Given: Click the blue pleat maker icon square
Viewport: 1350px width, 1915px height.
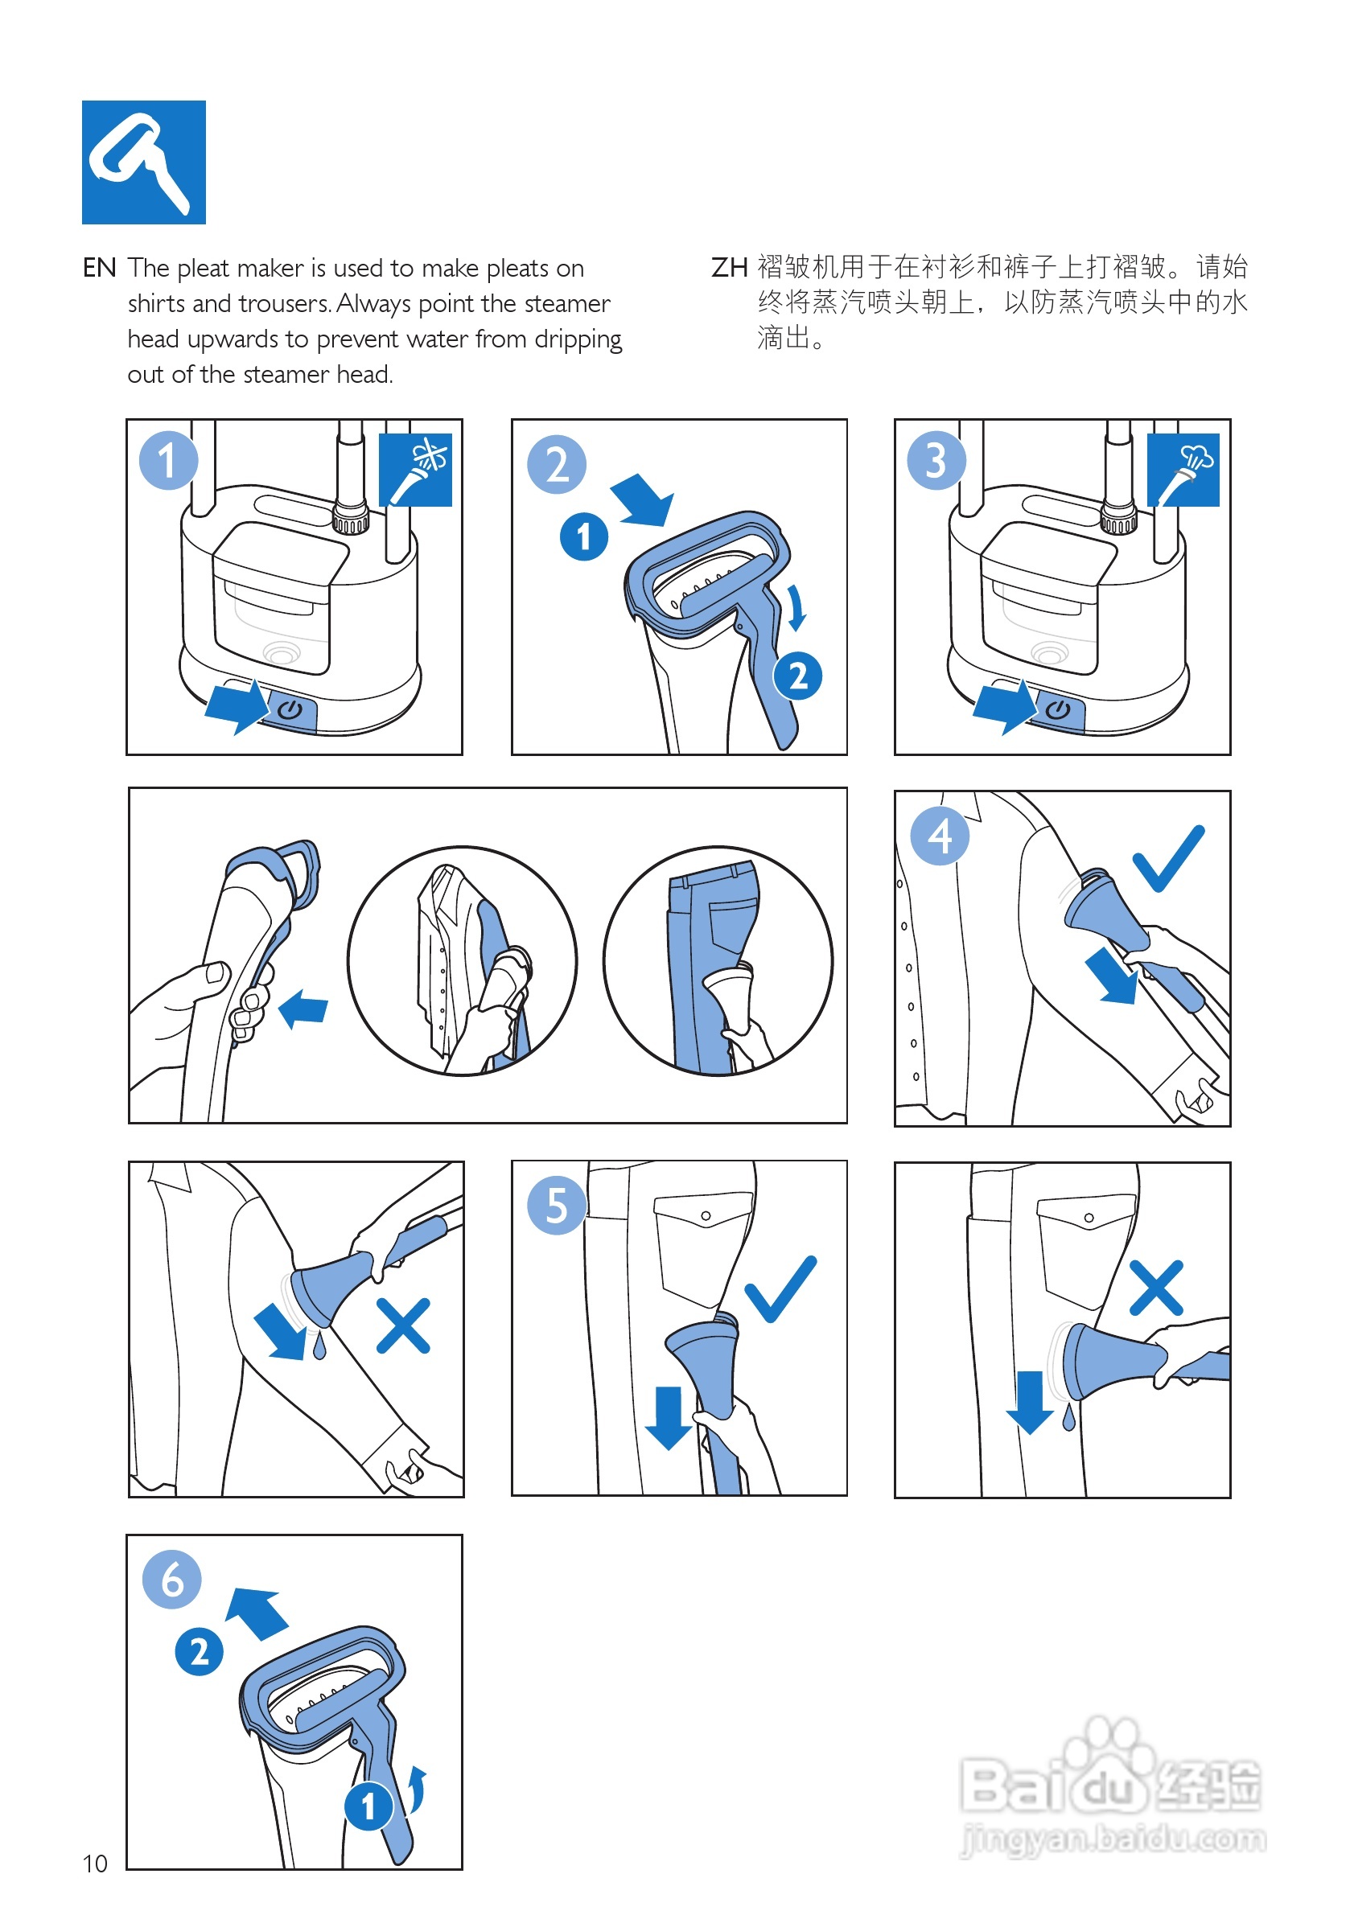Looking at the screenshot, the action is tap(143, 162).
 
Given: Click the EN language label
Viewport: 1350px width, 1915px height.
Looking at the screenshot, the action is tap(99, 268).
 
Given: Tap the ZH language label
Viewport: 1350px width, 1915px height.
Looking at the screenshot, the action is tap(728, 268).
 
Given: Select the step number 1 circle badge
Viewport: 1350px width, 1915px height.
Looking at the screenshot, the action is tap(168, 460).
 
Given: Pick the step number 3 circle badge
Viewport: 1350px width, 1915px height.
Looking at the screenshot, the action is tap(937, 460).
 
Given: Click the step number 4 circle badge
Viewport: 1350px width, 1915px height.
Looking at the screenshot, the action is tap(940, 835).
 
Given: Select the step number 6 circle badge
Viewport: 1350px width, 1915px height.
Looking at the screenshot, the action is tap(172, 1579).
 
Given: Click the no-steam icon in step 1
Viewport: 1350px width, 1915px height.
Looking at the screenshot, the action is tap(415, 470).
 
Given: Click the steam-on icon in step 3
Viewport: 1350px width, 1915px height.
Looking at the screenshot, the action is tap(1183, 470).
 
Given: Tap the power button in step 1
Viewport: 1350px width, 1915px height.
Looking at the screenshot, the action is tap(290, 710).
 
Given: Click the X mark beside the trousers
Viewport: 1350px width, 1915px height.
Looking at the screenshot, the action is tap(1156, 1288).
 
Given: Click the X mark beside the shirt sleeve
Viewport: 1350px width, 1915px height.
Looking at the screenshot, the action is tap(403, 1325).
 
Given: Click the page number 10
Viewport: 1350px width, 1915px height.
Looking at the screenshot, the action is tap(95, 1864).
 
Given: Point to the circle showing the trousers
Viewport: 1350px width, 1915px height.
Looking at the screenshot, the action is tap(718, 961).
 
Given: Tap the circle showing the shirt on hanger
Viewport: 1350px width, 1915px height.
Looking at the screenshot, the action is tap(463, 961).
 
